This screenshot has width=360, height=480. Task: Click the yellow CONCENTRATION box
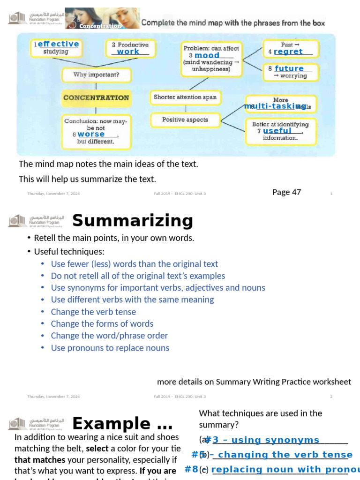[x=96, y=98]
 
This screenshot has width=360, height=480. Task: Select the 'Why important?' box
[x=96, y=75]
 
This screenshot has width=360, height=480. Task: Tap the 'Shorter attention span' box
[x=185, y=97]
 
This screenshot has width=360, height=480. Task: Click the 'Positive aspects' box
[x=185, y=120]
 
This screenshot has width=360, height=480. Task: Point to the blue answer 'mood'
[x=207, y=55]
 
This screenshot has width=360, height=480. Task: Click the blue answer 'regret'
[x=288, y=52]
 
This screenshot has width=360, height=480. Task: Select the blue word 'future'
[x=289, y=68]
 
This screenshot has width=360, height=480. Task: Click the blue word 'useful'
[x=277, y=131]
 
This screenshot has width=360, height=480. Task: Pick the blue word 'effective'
[x=58, y=44]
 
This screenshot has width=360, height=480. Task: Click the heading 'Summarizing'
[x=132, y=220]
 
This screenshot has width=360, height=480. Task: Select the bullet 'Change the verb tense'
[x=93, y=312]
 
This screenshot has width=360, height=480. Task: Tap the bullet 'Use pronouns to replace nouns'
[x=110, y=348]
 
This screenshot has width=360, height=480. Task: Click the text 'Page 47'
[x=286, y=192]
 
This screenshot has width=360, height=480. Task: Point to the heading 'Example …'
[x=122, y=424]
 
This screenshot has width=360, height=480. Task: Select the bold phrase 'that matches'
[x=33, y=460]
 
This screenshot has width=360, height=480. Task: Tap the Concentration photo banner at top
[x=102, y=18]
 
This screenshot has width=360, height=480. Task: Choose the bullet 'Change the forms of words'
[x=102, y=323]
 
